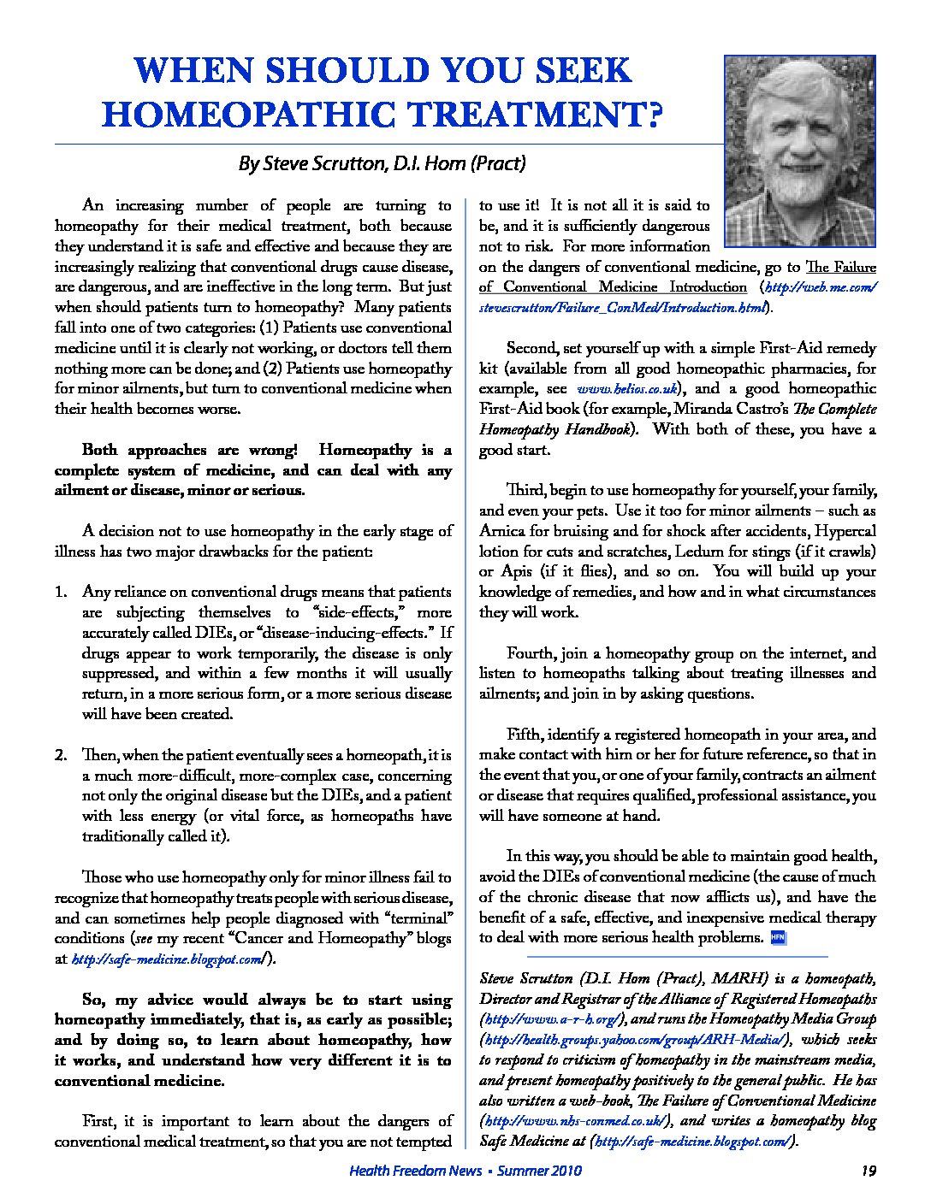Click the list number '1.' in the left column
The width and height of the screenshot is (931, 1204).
(61, 592)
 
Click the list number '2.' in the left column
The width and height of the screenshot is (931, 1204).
(61, 755)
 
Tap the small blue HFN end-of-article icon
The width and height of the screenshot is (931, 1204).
(778, 937)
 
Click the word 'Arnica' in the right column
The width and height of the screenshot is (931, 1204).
(502, 531)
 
